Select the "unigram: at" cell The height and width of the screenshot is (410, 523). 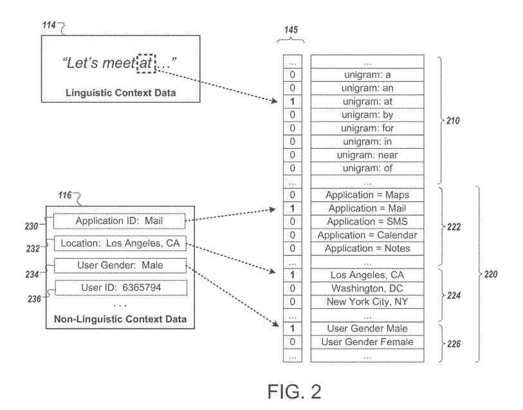click(367, 101)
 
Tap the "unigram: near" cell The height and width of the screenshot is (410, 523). click(367, 155)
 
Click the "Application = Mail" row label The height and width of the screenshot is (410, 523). click(367, 208)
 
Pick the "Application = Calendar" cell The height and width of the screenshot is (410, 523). click(367, 235)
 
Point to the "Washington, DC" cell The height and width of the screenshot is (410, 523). click(367, 288)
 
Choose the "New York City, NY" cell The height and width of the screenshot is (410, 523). click(367, 301)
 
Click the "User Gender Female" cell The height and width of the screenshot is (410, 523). click(367, 342)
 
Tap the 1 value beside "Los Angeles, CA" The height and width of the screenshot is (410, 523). click(293, 275)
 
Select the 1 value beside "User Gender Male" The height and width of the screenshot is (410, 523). click(293, 328)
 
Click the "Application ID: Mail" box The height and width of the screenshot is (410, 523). click(120, 221)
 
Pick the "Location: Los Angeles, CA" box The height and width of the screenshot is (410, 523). click(120, 243)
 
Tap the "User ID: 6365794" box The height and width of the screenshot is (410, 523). click(120, 287)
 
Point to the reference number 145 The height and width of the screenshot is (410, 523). click(291, 30)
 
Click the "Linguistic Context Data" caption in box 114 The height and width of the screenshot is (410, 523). click(120, 93)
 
